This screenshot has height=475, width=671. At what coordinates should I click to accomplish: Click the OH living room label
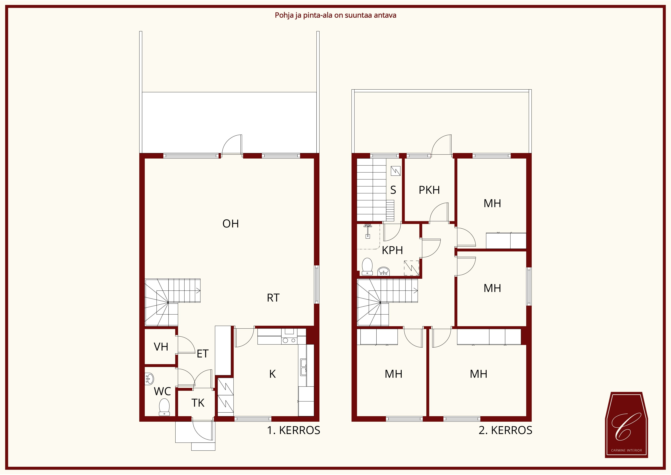tap(230, 224)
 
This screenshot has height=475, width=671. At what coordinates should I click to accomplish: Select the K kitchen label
tap(272, 374)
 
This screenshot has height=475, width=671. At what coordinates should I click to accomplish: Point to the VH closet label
tap(161, 347)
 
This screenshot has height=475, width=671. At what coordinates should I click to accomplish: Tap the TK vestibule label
tap(198, 403)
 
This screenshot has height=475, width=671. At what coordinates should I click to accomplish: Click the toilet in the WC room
tap(164, 407)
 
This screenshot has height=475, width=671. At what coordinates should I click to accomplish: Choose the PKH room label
tap(429, 190)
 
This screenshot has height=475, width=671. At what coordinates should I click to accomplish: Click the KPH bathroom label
tap(392, 250)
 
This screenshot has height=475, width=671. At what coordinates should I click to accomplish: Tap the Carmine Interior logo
tap(626, 425)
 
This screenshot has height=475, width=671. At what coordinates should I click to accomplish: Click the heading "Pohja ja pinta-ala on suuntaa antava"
tap(335, 15)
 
